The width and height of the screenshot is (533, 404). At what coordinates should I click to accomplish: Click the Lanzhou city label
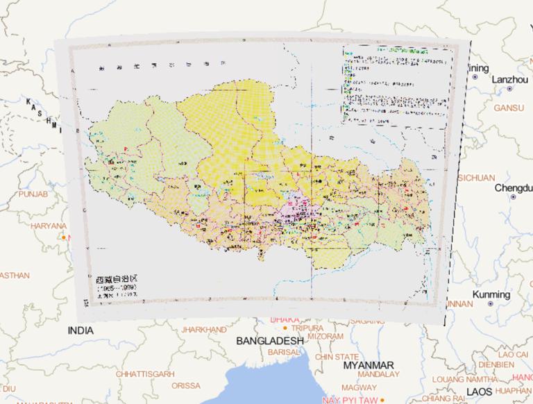click(x=509, y=80)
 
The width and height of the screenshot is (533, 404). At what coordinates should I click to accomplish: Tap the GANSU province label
click(x=509, y=108)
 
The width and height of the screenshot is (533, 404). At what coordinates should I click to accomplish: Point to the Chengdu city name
click(x=514, y=188)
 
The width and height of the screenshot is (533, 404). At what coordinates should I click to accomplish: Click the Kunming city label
click(x=491, y=294)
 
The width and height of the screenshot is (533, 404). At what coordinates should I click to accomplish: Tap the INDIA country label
click(x=81, y=331)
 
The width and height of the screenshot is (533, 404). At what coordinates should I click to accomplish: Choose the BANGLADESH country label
click(x=269, y=341)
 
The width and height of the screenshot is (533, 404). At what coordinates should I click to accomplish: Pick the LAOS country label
click(x=478, y=392)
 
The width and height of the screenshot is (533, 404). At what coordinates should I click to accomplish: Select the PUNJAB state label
click(x=33, y=194)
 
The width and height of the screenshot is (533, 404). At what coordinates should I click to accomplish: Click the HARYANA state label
click(x=48, y=226)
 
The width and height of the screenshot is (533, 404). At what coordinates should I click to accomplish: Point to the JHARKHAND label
click(x=204, y=330)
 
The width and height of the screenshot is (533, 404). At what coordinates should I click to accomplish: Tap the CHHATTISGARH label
click(x=144, y=374)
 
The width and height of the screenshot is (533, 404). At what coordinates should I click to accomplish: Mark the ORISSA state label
click(x=186, y=386)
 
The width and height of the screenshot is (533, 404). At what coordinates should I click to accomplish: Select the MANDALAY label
click(x=378, y=374)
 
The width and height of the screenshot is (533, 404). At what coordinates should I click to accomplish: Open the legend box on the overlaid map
click(x=397, y=85)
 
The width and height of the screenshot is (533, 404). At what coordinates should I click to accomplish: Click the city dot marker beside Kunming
click(x=491, y=304)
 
